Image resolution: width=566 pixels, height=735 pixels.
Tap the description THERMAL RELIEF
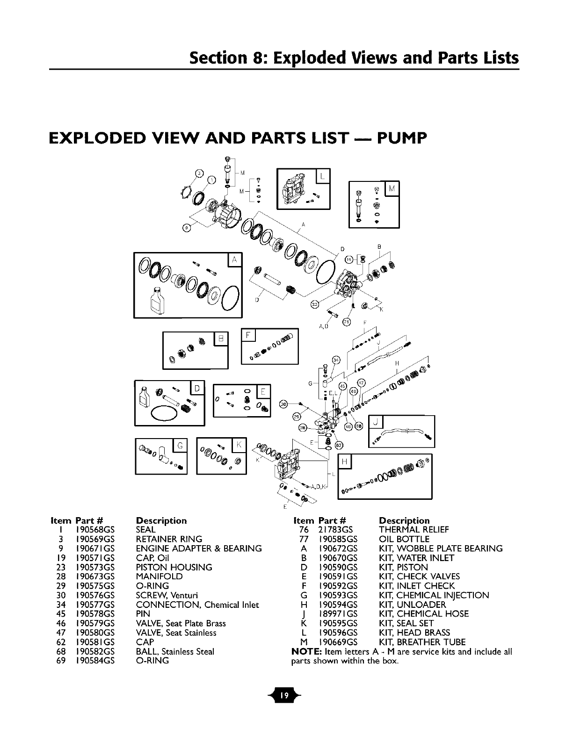(414, 530)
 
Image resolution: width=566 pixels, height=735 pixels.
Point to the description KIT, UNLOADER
(413, 605)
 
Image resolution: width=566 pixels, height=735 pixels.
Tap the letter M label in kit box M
(391, 188)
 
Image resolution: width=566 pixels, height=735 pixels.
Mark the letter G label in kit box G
(179, 447)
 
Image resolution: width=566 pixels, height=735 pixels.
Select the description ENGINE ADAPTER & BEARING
(198, 548)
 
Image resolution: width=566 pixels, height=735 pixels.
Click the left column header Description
(161, 520)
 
